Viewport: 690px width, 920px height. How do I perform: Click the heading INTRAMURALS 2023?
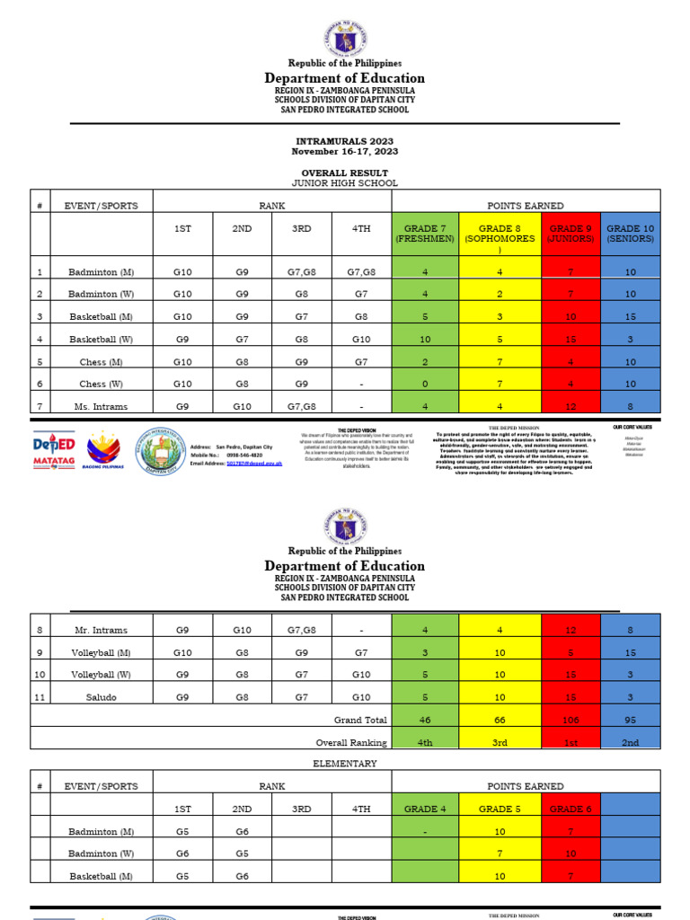pos(345,141)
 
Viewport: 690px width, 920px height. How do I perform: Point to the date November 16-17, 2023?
pos(345,151)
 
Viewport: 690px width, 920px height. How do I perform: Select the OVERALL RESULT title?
pos(345,172)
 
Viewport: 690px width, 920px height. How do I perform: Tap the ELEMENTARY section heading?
pos(345,763)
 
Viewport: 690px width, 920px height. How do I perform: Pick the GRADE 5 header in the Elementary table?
pos(500,809)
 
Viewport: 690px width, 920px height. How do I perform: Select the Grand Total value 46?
pos(425,720)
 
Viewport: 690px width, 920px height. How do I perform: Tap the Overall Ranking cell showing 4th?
pos(425,742)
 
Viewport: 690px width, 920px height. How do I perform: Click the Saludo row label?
pos(101,697)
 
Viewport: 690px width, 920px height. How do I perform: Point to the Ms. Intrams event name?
pos(101,406)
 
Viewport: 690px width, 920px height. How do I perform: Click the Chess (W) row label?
pos(101,384)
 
